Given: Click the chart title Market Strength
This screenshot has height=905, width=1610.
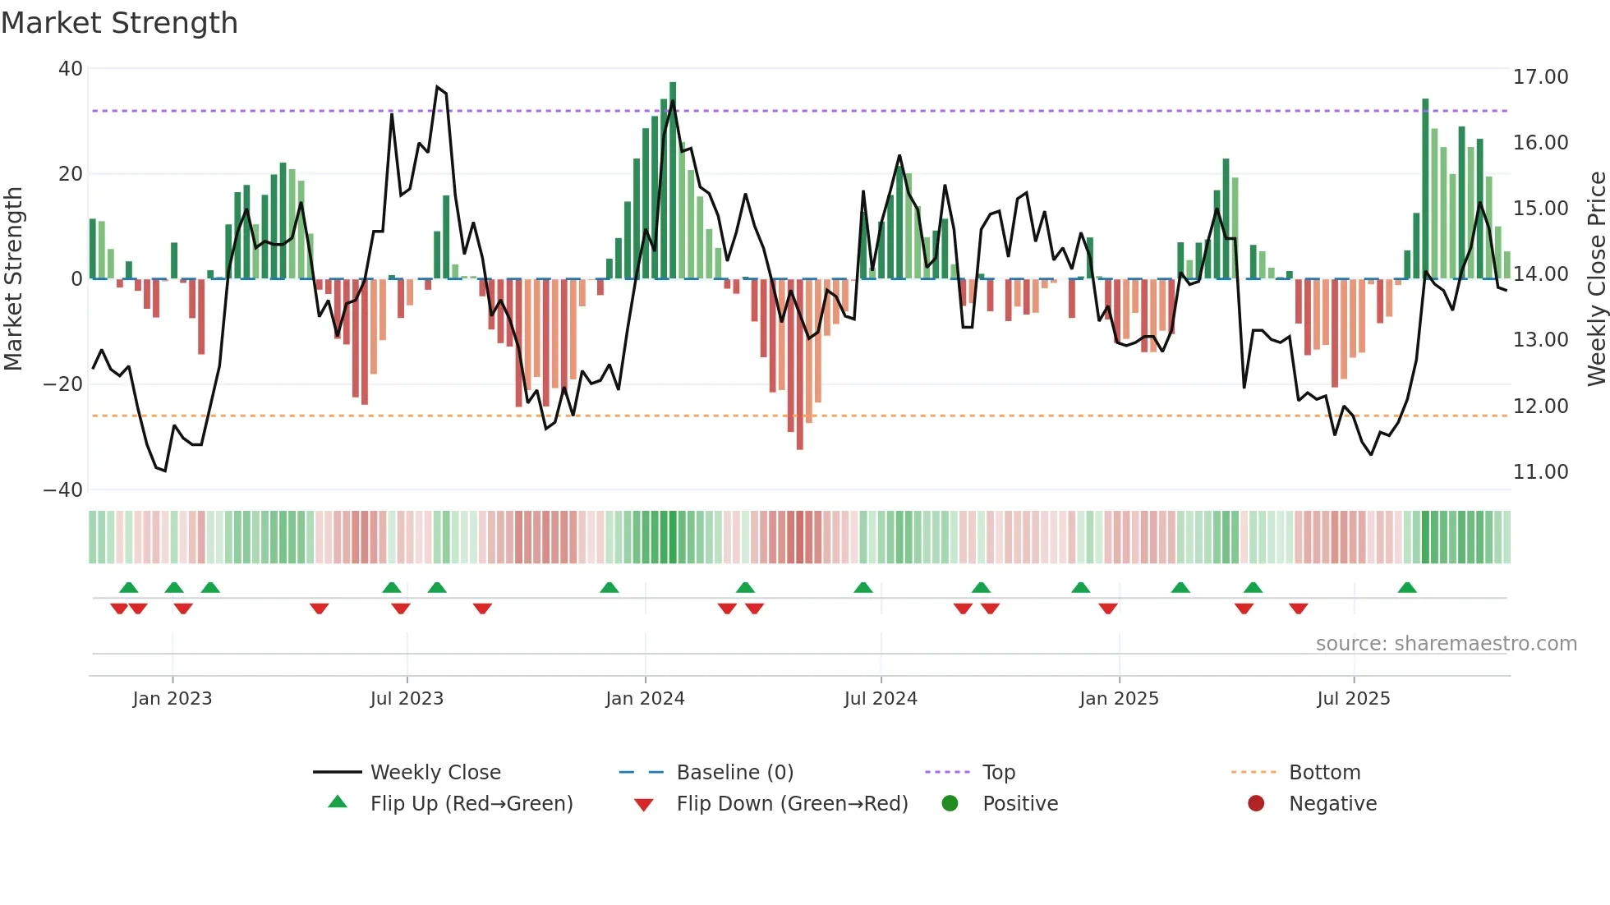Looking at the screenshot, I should pyautogui.click(x=119, y=23).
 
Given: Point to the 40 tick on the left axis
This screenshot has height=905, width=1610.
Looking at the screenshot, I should pyautogui.click(x=70, y=69).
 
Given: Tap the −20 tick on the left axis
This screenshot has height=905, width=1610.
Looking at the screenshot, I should pyautogui.click(x=63, y=384).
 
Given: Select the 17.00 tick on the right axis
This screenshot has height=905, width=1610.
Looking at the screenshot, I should pyautogui.click(x=1540, y=77).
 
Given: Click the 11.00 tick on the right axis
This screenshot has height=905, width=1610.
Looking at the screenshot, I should pyautogui.click(x=1540, y=472).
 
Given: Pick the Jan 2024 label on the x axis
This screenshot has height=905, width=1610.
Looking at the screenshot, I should pyautogui.click(x=645, y=699).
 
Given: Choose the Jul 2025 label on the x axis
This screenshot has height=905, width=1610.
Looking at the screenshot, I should pyautogui.click(x=1353, y=699).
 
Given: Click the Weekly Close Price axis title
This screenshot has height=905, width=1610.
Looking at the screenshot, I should pyautogui.click(x=1596, y=279).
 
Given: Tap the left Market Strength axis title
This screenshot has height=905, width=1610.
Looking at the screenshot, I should pyautogui.click(x=13, y=279).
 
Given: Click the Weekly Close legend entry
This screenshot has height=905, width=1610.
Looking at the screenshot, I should pyautogui.click(x=435, y=773).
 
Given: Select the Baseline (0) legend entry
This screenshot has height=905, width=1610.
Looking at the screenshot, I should pyautogui.click(x=734, y=773).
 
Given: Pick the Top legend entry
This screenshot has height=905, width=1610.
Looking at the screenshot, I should pyautogui.click(x=998, y=773).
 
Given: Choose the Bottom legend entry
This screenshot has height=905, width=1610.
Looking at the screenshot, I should pyautogui.click(x=1324, y=773).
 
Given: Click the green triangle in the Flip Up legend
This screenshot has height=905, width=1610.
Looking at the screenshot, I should pyautogui.click(x=338, y=802).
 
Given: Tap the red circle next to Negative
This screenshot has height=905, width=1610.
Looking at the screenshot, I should pyautogui.click(x=1255, y=803).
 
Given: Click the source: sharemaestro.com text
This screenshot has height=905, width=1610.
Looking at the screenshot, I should pyautogui.click(x=1446, y=644).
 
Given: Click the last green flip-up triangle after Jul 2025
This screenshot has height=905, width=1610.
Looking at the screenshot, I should pyautogui.click(x=1407, y=588).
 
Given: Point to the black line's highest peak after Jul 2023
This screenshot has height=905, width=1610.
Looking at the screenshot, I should pyautogui.click(x=437, y=87).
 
